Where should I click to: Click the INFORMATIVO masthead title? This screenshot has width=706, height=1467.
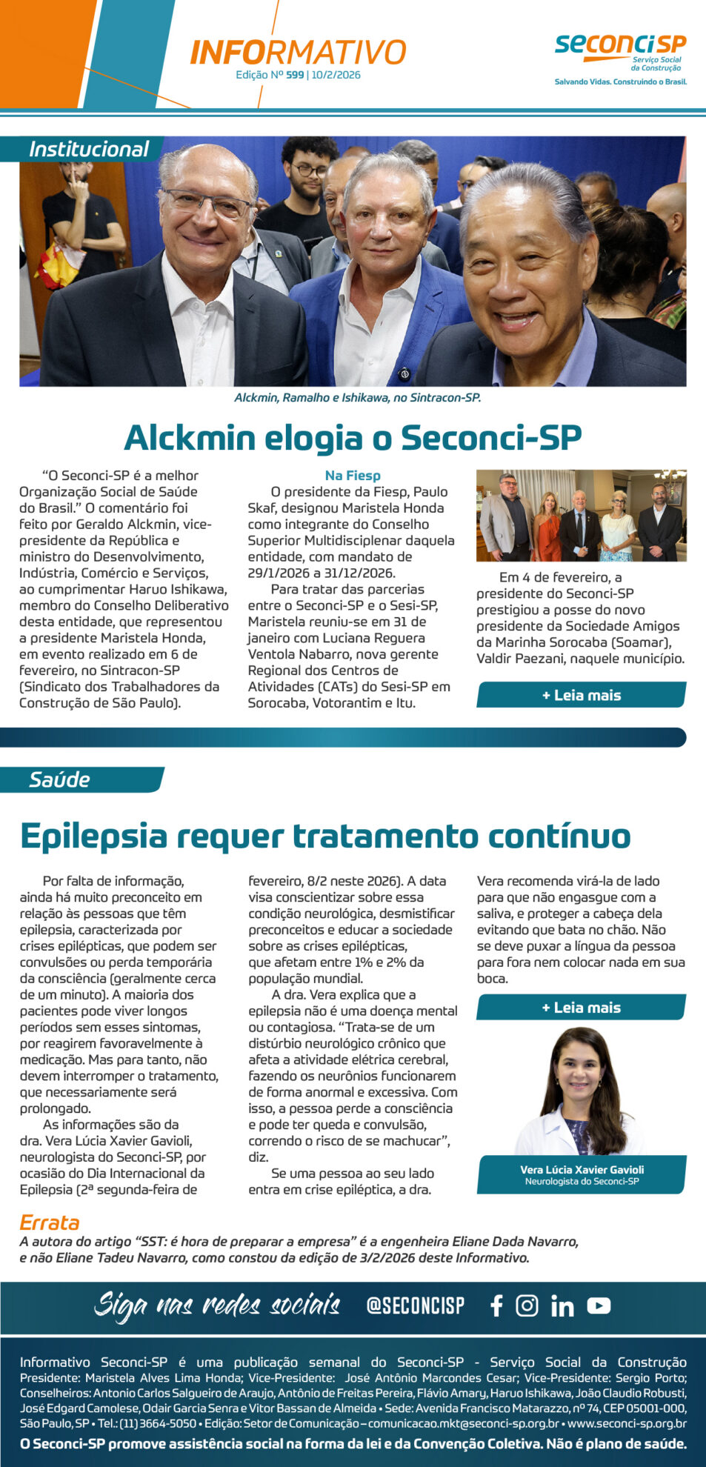tap(298, 53)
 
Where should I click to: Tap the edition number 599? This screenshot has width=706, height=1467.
tap(295, 75)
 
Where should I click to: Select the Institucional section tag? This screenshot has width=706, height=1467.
tap(88, 149)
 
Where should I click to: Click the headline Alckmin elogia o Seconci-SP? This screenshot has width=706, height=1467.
tap(353, 437)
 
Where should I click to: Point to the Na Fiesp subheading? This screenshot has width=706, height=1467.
tap(353, 476)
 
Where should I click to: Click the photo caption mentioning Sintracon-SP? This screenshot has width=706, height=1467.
tap(357, 398)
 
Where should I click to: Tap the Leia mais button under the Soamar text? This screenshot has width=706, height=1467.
tap(581, 695)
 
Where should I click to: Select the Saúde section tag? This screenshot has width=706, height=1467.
tap(59, 779)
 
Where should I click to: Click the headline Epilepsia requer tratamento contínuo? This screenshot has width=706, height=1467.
tap(325, 836)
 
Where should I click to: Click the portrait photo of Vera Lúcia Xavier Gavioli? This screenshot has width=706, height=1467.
tap(582, 1090)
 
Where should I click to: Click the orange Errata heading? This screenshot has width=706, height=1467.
tap(49, 1222)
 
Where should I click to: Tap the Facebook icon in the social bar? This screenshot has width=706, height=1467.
tap(496, 1305)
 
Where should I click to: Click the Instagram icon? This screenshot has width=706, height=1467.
tap(527, 1305)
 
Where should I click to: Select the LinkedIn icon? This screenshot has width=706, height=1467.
tap(562, 1306)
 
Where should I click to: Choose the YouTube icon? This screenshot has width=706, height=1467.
tap(599, 1305)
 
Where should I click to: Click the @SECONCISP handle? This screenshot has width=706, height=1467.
tap(415, 1305)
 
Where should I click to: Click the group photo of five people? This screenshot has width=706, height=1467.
tap(581, 516)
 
